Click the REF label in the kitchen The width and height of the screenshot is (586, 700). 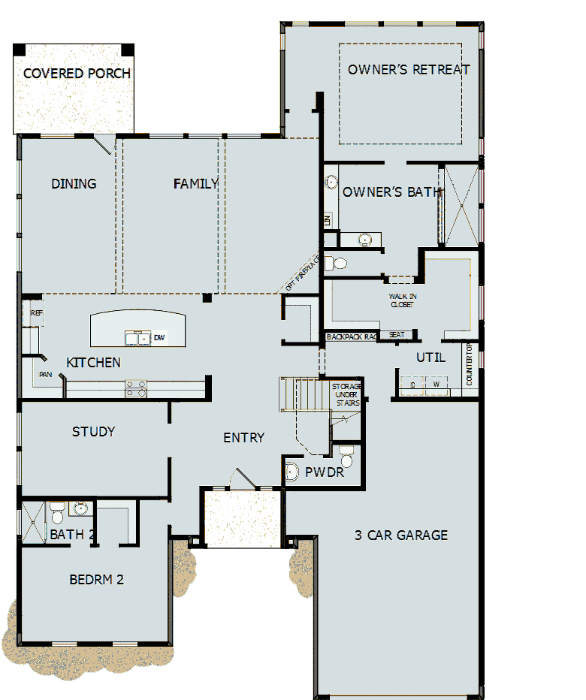coord(36,313)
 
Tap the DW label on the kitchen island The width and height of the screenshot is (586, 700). coord(159,338)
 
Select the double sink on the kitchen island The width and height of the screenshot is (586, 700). coord(137,338)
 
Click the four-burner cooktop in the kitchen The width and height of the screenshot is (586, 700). coord(136,388)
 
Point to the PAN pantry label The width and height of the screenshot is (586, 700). coord(46,373)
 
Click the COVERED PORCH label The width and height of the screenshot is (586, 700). coord(77,74)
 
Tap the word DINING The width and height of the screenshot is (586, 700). coord(74,183)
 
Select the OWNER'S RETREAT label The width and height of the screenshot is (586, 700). coord(409,70)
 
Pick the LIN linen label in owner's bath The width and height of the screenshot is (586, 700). coord(328,220)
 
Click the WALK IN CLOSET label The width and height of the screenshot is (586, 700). coord(403,300)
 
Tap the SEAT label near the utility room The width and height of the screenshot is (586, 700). coord(397,335)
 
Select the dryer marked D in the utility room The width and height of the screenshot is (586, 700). coord(413,385)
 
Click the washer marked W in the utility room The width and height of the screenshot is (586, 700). coord(436,385)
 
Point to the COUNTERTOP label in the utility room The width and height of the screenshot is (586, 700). coord(470,365)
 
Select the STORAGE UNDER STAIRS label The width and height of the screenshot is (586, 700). coord(346,394)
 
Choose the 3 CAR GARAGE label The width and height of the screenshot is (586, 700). coord(401,536)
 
